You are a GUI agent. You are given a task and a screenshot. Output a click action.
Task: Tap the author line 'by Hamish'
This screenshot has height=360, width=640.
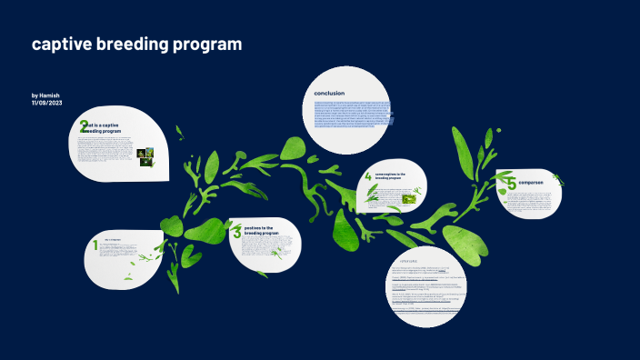[46, 95]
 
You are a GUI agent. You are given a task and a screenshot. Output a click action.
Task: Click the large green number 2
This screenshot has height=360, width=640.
[84, 126]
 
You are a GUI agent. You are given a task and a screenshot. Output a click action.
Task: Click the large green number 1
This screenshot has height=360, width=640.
[95, 245]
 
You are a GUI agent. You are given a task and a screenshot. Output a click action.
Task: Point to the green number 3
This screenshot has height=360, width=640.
[237, 232]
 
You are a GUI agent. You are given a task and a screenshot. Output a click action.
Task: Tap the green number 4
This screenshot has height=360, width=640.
[368, 176]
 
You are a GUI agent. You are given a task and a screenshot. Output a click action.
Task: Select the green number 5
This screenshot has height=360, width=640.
[512, 184]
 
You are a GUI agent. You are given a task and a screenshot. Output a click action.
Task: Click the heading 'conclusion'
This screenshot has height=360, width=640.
[329, 94]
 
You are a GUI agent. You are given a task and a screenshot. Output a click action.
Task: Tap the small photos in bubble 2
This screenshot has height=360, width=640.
[145, 157]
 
